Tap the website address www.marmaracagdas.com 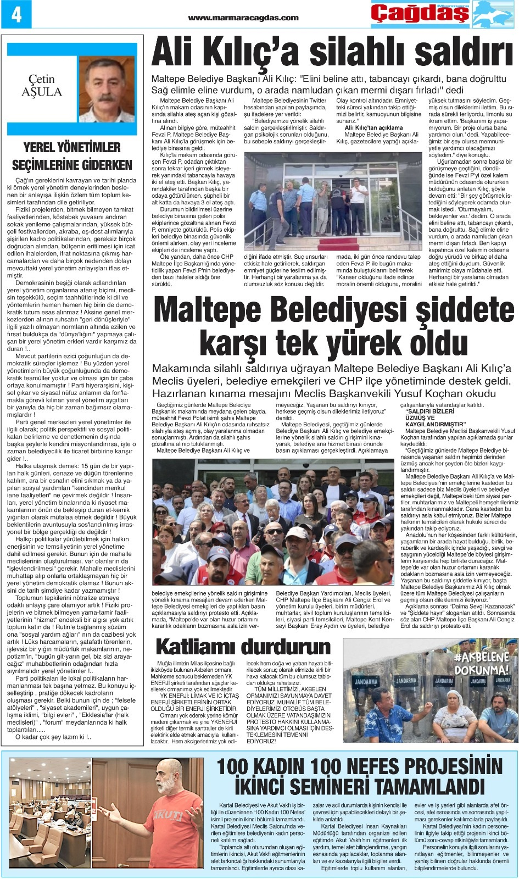tap(243, 17)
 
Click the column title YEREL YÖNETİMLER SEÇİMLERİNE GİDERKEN tap(72, 156)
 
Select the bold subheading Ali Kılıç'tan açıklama tap(373, 127)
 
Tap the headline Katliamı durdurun tap(243, 646)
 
